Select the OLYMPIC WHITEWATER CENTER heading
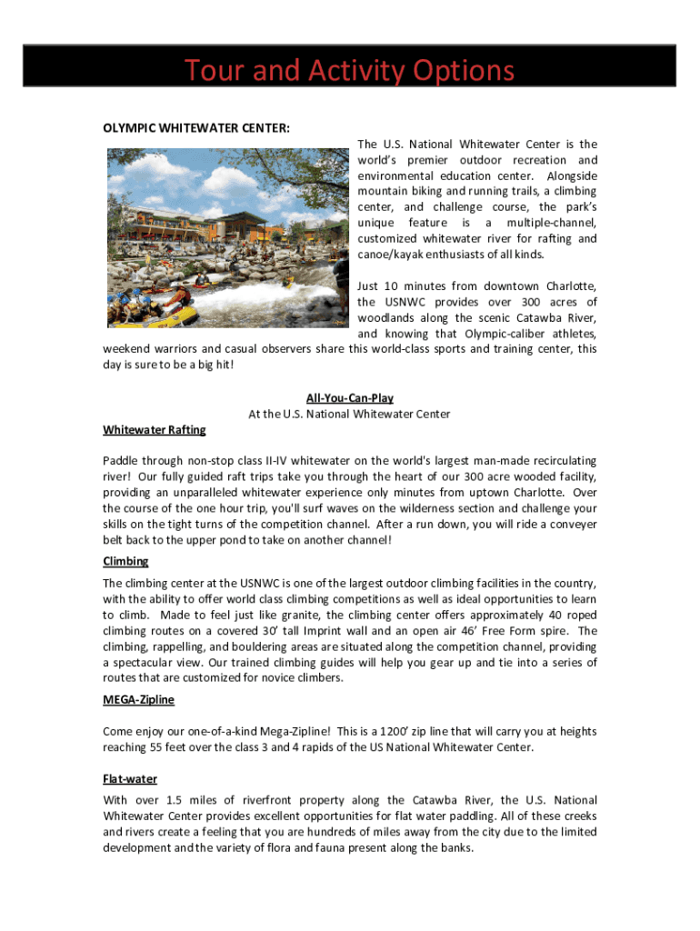click(196, 128)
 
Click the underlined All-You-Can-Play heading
click(349, 398)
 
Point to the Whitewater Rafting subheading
click(155, 429)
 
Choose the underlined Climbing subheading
click(125, 561)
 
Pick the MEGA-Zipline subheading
click(138, 699)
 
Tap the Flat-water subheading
click(130, 778)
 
